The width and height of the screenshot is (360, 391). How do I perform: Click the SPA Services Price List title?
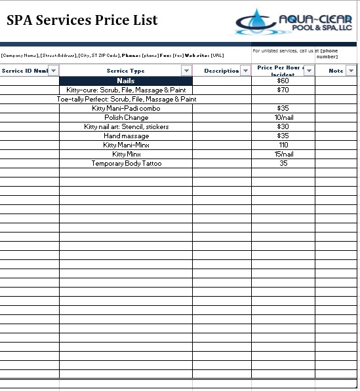tap(82, 20)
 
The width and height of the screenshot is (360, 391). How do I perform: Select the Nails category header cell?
tap(125, 81)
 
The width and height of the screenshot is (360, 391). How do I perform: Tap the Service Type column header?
tap(125, 71)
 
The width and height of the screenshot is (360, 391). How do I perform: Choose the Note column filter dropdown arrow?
tap(351, 71)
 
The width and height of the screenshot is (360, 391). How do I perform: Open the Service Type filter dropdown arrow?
tap(186, 71)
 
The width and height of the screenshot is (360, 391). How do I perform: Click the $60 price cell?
tap(283, 81)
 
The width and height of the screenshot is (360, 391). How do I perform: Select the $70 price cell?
tap(283, 90)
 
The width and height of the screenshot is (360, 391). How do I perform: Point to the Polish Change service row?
tap(126, 118)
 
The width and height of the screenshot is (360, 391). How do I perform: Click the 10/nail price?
tap(283, 118)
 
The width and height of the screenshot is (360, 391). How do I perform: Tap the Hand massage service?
tap(126, 136)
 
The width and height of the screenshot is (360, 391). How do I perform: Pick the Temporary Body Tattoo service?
tap(126, 164)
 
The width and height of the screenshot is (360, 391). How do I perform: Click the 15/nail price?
tap(283, 155)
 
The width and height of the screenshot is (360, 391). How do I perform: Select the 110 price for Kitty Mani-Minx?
tap(283, 145)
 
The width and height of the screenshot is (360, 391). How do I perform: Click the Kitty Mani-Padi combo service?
tap(126, 109)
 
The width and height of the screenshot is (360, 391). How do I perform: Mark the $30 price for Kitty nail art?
tap(283, 127)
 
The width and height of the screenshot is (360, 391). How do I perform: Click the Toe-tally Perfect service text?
tap(126, 100)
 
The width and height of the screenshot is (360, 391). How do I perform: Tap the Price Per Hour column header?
tap(278, 70)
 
